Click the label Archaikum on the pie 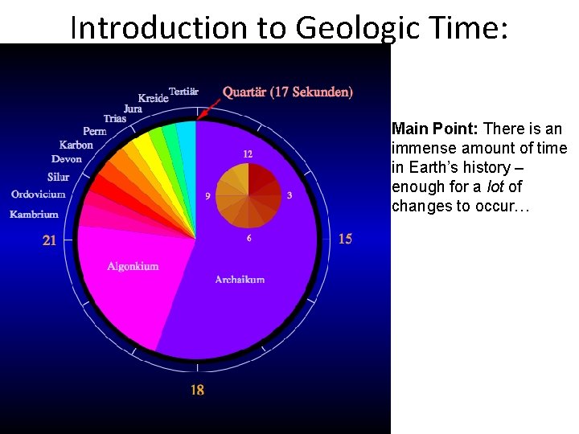(x=240, y=280)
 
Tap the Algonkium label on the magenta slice (x=133, y=266)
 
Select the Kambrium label (x=34, y=215)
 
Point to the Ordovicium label (x=38, y=194)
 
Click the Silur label (x=58, y=177)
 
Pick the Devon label (x=67, y=159)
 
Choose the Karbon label (x=76, y=145)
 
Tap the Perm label (x=94, y=131)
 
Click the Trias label (x=115, y=119)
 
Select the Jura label (x=133, y=108)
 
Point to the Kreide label (x=153, y=98)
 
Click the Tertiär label (x=183, y=92)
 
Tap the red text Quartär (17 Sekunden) (x=287, y=92)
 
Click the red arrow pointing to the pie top (x=210, y=108)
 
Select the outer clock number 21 (x=49, y=240)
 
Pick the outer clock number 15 (x=345, y=239)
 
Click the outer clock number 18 (x=197, y=390)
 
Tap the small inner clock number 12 (x=248, y=154)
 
